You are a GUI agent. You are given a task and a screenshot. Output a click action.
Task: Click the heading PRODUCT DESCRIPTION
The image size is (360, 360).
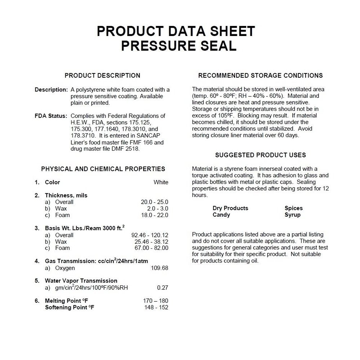coord(102,76)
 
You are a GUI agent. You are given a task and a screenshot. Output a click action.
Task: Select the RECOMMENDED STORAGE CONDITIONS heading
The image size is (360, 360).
coord(260,76)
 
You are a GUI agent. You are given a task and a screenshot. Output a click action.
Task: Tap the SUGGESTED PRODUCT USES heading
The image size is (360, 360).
coord(260,155)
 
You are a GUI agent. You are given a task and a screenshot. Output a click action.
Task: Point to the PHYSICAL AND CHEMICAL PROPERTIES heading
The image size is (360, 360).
coord(103,169)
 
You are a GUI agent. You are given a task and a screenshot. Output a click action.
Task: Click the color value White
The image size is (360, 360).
coord(161,182)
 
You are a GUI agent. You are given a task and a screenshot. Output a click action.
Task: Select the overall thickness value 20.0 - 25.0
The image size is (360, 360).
coord(154,202)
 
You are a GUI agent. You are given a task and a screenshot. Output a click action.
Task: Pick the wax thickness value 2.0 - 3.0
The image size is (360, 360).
coord(158,208)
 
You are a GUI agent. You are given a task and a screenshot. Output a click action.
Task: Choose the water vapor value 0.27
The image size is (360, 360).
coord(163,288)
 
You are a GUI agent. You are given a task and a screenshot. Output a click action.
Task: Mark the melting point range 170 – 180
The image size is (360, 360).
coord(156,301)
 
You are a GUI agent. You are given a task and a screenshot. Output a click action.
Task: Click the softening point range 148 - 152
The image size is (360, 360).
coord(156,307)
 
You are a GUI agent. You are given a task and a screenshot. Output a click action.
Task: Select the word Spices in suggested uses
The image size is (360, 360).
coord(294,208)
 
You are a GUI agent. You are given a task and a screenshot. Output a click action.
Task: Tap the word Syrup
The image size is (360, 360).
coord(293,215)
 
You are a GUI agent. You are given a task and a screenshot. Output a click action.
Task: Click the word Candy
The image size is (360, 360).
coord(221,215)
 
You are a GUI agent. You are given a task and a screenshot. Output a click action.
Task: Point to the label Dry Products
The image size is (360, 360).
coord(230,208)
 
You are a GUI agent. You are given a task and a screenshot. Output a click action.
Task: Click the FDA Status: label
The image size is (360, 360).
coord(51,116)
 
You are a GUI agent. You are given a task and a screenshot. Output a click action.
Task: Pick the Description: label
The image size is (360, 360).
coord(51,90)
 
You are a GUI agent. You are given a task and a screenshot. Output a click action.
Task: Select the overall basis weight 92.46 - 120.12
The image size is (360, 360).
coord(150,235)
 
